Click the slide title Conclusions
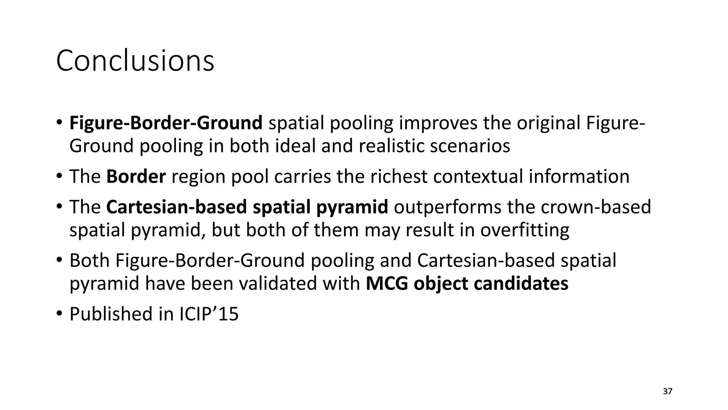(x=135, y=61)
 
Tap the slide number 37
(x=668, y=391)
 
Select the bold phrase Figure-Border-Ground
(x=166, y=123)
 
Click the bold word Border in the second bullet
(x=136, y=177)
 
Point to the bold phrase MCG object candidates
(x=467, y=284)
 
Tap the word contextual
(x=478, y=177)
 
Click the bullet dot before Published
(x=59, y=314)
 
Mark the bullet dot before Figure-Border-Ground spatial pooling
(x=59, y=123)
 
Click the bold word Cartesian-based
(x=176, y=207)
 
